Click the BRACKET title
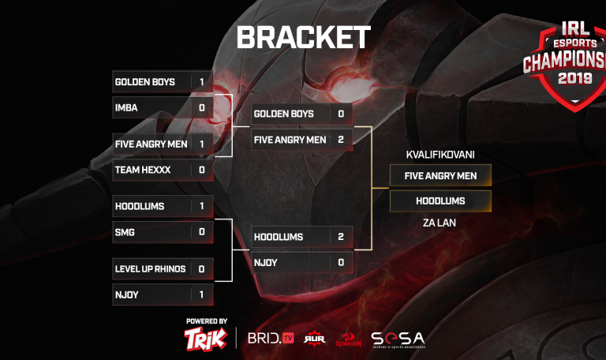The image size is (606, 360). click(x=303, y=37)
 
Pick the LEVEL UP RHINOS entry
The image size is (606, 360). click(x=150, y=268)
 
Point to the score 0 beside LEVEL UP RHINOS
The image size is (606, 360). click(x=201, y=268)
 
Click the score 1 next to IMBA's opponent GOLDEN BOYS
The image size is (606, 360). click(x=201, y=81)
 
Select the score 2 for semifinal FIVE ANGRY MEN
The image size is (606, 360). click(x=340, y=140)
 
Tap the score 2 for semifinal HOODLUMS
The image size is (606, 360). click(x=340, y=236)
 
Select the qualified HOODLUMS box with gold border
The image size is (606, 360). click(x=440, y=201)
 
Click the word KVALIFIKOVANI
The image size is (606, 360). click(x=440, y=154)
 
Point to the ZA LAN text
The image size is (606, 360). click(x=440, y=223)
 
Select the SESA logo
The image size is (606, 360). click(x=398, y=339)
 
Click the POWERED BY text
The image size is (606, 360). click(x=207, y=321)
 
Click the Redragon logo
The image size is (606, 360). click(x=348, y=339)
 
